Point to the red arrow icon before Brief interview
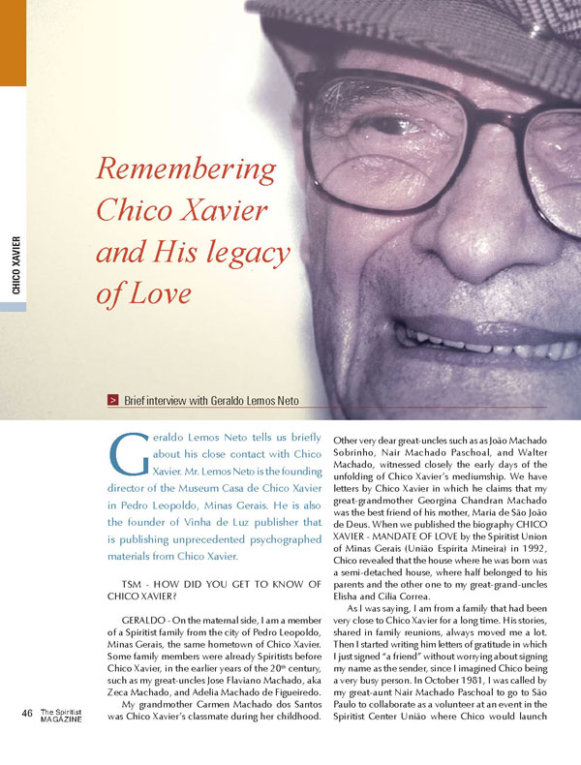[113, 400]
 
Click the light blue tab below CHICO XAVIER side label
[13, 306]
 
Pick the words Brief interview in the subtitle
[164, 400]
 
